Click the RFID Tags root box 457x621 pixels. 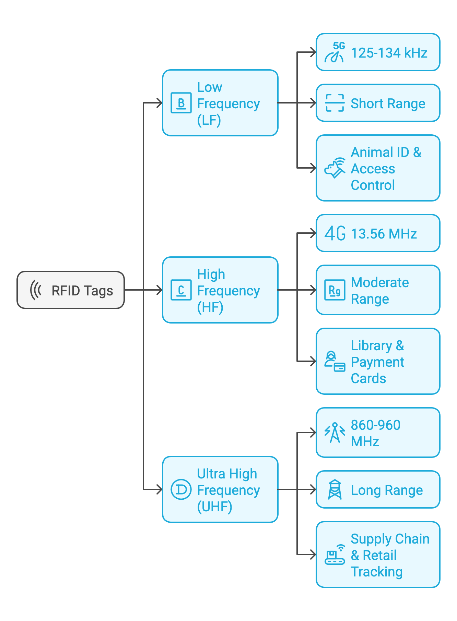tap(71, 290)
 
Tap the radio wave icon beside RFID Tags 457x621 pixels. tap(36, 290)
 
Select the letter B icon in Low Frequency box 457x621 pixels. tap(181, 103)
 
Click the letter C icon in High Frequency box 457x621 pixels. tap(181, 290)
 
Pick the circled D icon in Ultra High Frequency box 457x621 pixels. tap(181, 489)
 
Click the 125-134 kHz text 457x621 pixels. tap(389, 53)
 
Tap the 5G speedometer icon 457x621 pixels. tap(335, 53)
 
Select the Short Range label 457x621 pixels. tap(388, 103)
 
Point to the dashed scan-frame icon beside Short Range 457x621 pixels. tap(335, 103)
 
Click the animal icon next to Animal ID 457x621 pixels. tap(335, 168)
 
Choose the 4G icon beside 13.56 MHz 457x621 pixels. tap(335, 233)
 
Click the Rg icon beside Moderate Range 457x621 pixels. tap(335, 290)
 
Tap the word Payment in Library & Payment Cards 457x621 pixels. tap(377, 362)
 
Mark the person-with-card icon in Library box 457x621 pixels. tap(335, 361)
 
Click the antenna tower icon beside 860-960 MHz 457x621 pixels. tap(335, 433)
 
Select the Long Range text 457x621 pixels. tap(387, 490)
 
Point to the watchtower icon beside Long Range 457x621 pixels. tap(335, 489)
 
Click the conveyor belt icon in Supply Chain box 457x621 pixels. tap(335, 555)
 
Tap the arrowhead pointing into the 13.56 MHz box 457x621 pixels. tap(313, 233)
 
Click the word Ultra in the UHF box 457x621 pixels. tap(211, 474)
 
